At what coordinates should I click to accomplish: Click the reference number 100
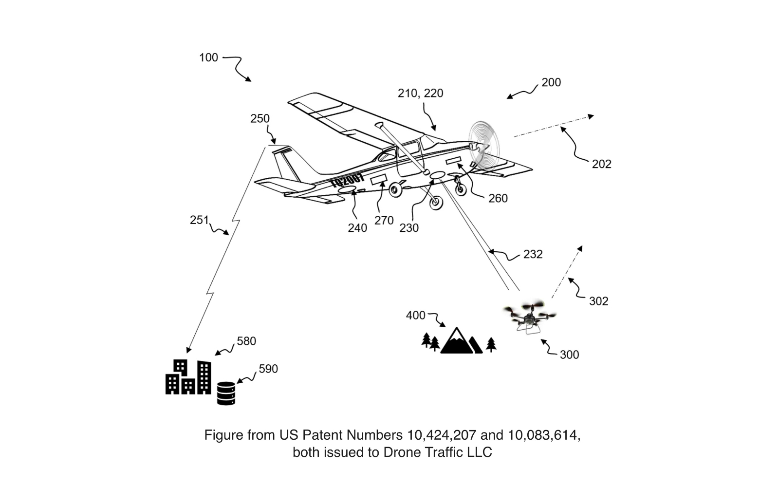[x=208, y=57]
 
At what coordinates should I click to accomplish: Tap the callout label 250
[x=260, y=119]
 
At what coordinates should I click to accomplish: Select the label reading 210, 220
[x=420, y=93]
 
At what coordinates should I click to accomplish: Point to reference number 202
[x=601, y=164]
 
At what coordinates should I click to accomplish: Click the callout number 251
[x=199, y=220]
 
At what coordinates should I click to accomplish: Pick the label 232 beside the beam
[x=533, y=254]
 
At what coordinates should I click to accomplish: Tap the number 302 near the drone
[x=598, y=301]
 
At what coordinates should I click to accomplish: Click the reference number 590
[x=268, y=369]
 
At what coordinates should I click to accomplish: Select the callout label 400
[x=415, y=316]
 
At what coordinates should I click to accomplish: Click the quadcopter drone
[x=530, y=317]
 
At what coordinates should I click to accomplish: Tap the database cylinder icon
[x=226, y=393]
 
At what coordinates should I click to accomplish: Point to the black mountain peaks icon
[x=460, y=341]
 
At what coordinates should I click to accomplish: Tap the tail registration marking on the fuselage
[x=347, y=181]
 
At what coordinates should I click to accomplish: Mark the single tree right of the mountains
[x=491, y=344]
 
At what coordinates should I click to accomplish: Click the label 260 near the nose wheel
[x=498, y=198]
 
